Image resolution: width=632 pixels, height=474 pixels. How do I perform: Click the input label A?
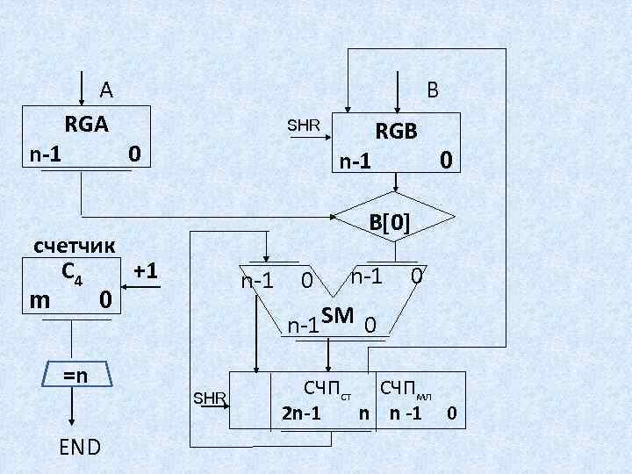point(106,89)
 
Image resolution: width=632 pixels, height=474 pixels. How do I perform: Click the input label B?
point(433,90)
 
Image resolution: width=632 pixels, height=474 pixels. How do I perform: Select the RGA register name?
point(86,125)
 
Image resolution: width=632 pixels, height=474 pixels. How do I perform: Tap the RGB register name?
point(396,132)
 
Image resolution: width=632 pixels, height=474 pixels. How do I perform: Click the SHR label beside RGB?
point(305,125)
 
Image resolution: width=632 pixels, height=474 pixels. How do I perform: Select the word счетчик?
point(75,246)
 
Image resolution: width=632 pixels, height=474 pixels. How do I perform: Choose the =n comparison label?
point(75,375)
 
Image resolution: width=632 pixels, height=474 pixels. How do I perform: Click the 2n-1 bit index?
point(300,412)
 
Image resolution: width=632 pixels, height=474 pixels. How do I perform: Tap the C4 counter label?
point(72,273)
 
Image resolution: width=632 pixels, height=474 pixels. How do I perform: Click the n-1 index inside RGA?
point(46,154)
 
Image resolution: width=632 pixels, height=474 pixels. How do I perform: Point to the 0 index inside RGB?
point(446,160)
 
